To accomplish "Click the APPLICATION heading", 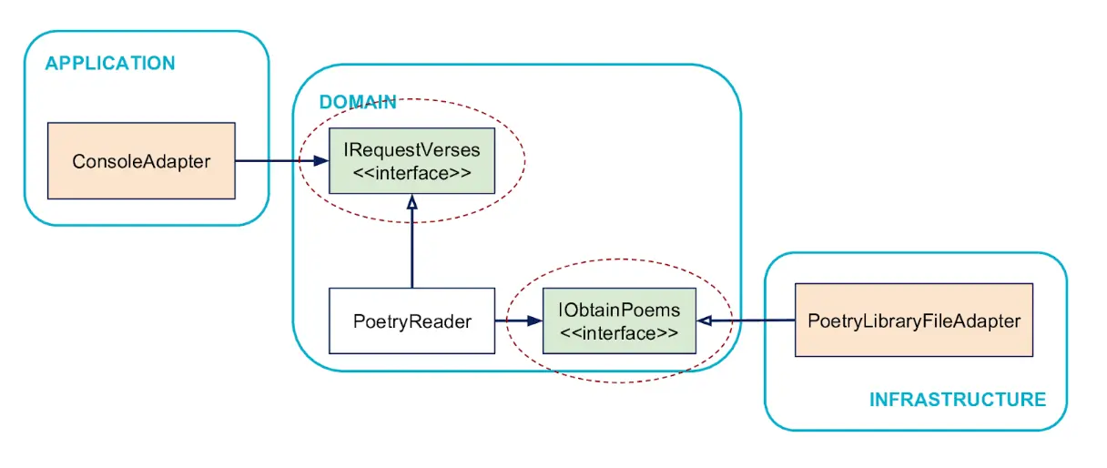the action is (110, 63).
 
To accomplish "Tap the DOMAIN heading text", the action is (358, 102).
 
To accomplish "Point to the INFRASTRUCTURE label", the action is (958, 400).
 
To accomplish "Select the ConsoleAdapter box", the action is (141, 161).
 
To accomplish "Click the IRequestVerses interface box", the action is (411, 161).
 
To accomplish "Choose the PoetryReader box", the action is (411, 320).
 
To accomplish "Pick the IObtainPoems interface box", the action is (619, 320).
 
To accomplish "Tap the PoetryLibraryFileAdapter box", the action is (914, 320).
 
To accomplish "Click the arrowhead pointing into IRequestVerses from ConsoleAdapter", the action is (321, 160).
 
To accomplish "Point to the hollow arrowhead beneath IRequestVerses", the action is (412, 201).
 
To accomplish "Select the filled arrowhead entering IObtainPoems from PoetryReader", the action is (534, 320).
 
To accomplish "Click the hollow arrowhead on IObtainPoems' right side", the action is (704, 320).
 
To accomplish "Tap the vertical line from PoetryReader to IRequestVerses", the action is (412, 248).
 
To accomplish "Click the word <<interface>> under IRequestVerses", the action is (411, 173).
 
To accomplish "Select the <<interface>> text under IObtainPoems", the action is (619, 333).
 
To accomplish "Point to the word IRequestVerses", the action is (411, 149).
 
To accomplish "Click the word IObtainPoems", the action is (619, 310).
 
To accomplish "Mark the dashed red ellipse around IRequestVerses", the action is (525, 160).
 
